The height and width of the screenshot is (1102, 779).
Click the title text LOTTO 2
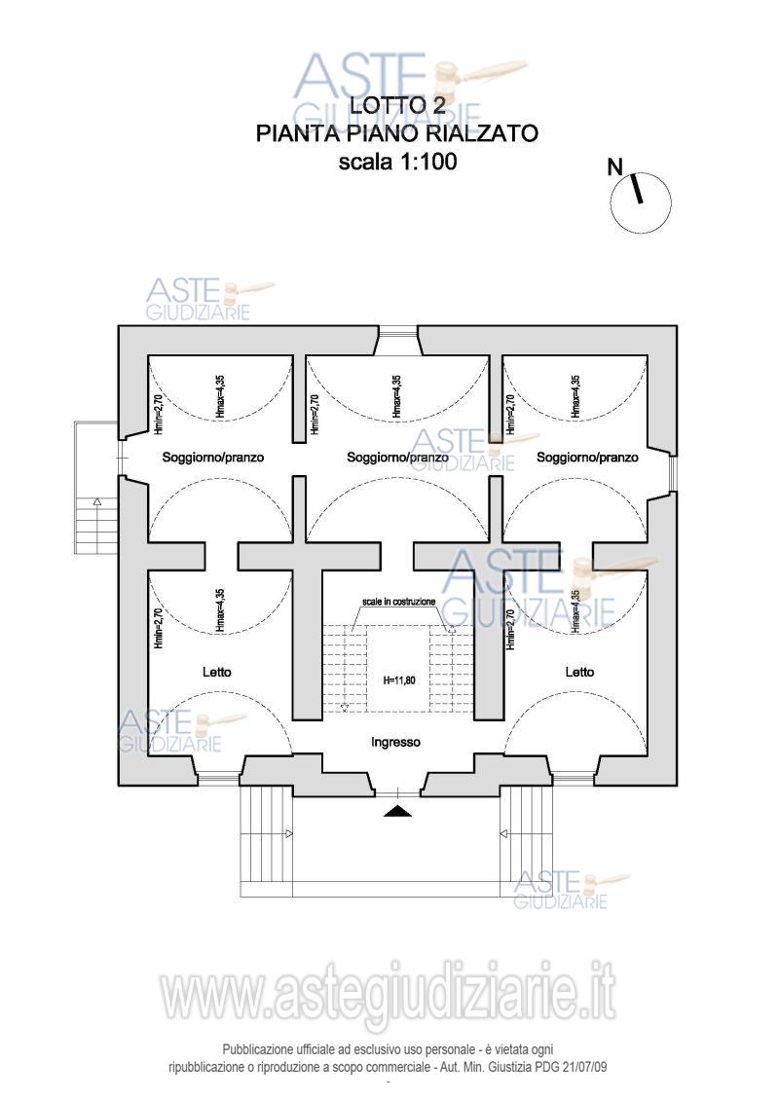[x=397, y=105]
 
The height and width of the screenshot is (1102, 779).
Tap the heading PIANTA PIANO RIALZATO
[x=397, y=133]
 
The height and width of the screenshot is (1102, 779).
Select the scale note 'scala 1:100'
[x=397, y=162]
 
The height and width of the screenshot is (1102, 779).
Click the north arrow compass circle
[x=641, y=201]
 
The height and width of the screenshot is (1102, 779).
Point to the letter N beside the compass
[x=615, y=166]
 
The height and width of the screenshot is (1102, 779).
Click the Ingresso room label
[x=395, y=742]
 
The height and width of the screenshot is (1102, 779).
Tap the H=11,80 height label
[x=397, y=680]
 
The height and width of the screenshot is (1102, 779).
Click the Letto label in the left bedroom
[x=217, y=672]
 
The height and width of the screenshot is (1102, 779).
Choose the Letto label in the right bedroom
[x=579, y=672]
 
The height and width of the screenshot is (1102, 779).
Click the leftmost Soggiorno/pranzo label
[x=213, y=457]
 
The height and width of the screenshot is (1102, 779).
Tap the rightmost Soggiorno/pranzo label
[x=587, y=457]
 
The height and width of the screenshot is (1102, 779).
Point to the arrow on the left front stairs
[x=288, y=833]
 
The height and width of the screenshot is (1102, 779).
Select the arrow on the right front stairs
[x=504, y=833]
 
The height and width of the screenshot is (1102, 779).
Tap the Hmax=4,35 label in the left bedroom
[x=220, y=611]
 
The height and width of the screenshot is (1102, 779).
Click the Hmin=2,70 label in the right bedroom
[x=510, y=629]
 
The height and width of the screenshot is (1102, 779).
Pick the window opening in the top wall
[x=397, y=332]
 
